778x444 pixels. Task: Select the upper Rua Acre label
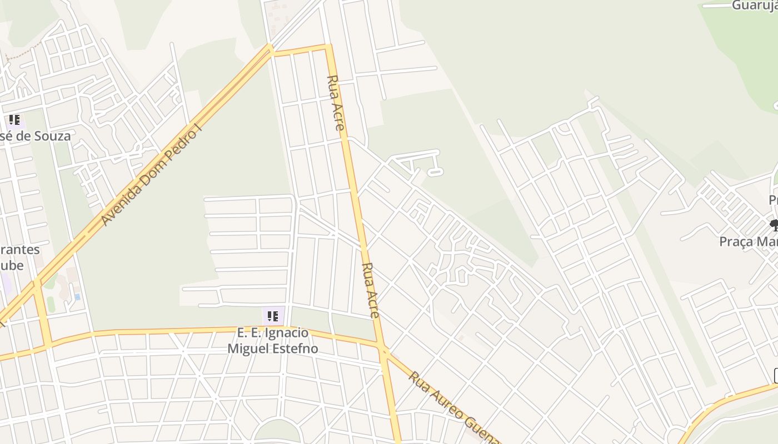coord(336,103)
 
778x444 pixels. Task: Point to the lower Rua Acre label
coord(370,290)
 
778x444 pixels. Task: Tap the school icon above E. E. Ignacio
coord(273,316)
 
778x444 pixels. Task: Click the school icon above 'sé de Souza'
coord(14,120)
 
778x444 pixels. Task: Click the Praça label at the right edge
coord(748,242)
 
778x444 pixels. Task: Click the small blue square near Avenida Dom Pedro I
coord(77,297)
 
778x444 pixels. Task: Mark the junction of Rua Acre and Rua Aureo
coord(383,349)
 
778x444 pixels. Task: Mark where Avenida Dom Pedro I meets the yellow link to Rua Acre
coord(271,51)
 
